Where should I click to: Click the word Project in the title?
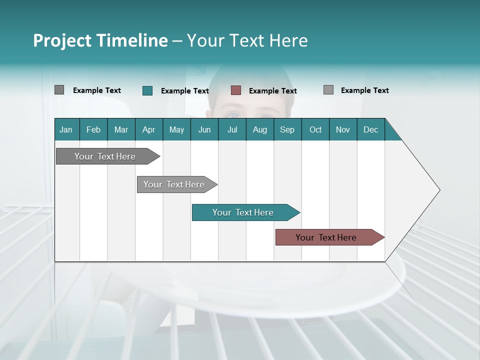pos(61,40)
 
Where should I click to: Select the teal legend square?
pos(147,90)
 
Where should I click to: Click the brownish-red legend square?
pos(236,90)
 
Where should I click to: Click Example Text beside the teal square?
pos(184,91)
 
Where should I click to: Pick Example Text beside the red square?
pos(272,91)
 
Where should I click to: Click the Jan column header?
pos(66,129)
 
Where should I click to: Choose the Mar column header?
pos(121,129)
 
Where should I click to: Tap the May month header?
pos(176,129)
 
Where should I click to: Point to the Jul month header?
pos(232,129)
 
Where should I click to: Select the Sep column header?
pos(287,129)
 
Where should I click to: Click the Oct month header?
pos(315,129)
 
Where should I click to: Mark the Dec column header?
pos(370,129)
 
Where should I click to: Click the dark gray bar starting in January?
pos(105,156)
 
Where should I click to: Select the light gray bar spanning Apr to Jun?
pos(174,184)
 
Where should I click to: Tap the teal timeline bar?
pos(243,212)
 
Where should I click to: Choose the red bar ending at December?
pos(326,237)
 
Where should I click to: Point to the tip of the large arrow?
pos(438,190)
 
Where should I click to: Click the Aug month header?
pos(259,129)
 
